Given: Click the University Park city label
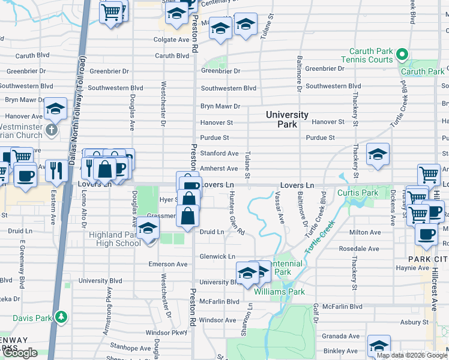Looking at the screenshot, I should (x=287, y=119).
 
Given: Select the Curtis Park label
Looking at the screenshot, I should (x=358, y=193).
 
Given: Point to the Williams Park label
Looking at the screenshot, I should (x=279, y=292).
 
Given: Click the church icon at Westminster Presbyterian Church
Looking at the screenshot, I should (x=52, y=129).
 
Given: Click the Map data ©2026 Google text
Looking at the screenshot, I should (x=412, y=355).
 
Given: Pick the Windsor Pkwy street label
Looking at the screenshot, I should (x=166, y=332).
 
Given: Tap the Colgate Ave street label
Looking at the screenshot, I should (x=171, y=40).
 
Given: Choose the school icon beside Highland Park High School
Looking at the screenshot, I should (x=148, y=229).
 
